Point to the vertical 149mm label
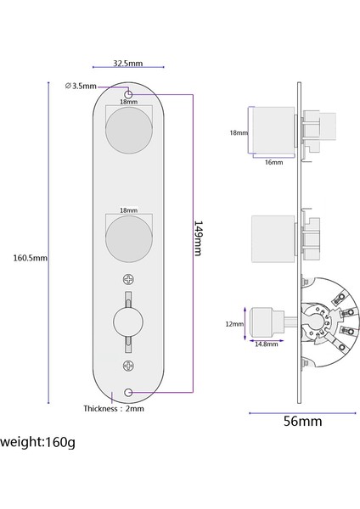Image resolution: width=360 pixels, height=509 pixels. coord(197,239)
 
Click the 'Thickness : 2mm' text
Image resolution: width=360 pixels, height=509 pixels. coord(113,408)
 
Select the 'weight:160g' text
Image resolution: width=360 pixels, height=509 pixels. coord(37,442)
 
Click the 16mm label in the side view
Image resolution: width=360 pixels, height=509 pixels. coord(273,162)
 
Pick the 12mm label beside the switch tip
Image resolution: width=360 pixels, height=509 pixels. coord(235,324)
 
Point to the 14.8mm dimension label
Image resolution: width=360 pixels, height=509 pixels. coord(267,344)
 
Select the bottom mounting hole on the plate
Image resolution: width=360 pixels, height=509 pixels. coord(128,392)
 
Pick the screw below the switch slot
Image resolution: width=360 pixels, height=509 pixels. coord(128,366)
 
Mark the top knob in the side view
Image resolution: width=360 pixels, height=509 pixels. coord(272,131)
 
